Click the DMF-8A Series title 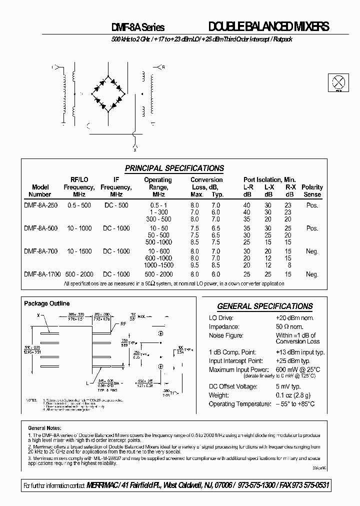point(137,28)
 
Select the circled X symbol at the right point(339,82)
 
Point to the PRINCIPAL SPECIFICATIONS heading point(174,168)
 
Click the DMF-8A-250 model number point(40,205)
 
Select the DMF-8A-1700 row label point(42,274)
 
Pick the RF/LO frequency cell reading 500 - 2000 point(78,274)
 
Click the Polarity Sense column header point(312,190)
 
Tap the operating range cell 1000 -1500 point(158,265)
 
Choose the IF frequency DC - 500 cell point(116,205)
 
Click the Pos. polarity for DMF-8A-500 point(312,228)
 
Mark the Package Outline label point(47,303)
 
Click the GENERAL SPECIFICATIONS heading point(265,306)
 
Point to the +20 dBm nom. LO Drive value point(294,318)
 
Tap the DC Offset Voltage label point(233,386)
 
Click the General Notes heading point(44,428)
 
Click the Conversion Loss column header point(206,187)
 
